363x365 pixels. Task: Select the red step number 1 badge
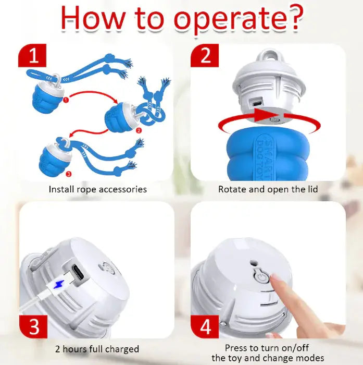click(x=32, y=55)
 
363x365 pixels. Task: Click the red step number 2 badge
click(x=205, y=55)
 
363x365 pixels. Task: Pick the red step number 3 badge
click(x=33, y=326)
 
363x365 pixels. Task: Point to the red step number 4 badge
click(x=205, y=326)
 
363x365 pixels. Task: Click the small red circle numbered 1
click(x=66, y=100)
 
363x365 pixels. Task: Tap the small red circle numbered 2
click(x=139, y=130)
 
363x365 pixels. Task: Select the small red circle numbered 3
click(x=69, y=174)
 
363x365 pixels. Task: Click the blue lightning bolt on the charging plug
click(x=59, y=284)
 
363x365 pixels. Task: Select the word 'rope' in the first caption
click(x=86, y=189)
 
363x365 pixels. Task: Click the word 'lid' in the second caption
click(x=313, y=189)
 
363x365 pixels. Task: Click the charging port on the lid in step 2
click(x=256, y=102)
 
